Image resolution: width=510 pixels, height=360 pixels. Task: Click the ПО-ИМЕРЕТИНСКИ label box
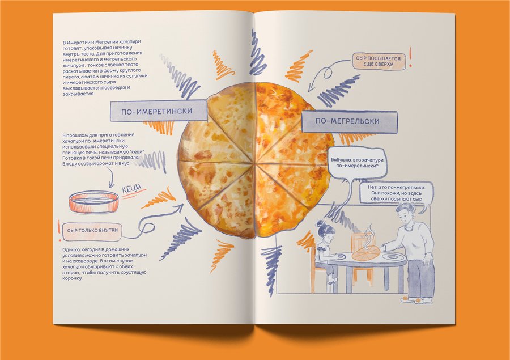[x=159, y=111]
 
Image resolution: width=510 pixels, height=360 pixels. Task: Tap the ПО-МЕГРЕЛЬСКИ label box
[x=349, y=121]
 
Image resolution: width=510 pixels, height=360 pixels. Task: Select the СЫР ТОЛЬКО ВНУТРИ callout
[x=92, y=230]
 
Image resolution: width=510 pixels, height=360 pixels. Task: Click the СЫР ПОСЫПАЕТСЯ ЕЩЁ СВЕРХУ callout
[x=379, y=61]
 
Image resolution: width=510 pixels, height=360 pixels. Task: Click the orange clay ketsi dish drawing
[x=93, y=202]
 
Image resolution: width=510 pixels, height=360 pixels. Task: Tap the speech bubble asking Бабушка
[x=357, y=163]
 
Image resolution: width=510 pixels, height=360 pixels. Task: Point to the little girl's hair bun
[x=320, y=223]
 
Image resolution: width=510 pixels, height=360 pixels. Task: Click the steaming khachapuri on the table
[x=365, y=253]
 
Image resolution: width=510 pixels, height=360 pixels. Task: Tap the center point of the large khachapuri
[x=254, y=162]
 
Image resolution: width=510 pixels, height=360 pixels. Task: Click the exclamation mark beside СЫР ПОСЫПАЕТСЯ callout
[x=410, y=57]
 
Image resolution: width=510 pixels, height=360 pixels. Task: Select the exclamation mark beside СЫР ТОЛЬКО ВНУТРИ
[x=59, y=230]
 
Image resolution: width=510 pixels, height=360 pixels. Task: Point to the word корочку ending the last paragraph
[x=72, y=278]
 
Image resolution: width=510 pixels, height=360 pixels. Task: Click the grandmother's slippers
[x=416, y=300]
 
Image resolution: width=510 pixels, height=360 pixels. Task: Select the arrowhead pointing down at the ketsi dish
[x=112, y=185]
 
